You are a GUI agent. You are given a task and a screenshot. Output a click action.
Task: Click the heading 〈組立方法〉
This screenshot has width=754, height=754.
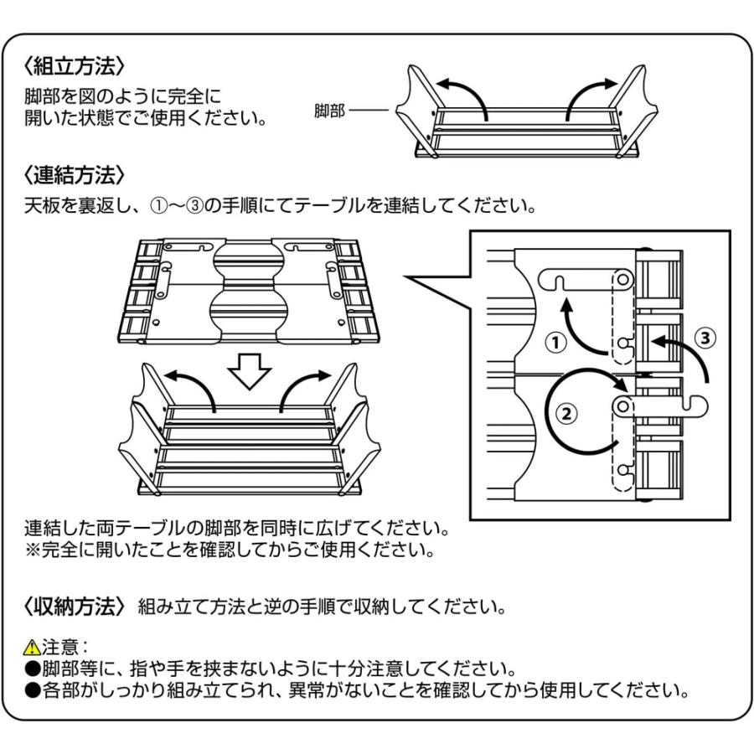(75, 65)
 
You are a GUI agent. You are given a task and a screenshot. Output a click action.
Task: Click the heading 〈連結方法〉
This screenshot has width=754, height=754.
(75, 175)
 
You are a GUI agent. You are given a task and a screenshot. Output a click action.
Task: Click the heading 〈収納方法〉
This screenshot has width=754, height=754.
(75, 606)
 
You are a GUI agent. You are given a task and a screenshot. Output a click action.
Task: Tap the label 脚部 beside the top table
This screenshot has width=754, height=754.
(330, 111)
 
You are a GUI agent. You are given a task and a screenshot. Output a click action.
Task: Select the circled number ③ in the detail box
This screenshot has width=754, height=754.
(705, 338)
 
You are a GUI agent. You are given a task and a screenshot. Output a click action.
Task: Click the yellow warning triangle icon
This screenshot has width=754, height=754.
(32, 648)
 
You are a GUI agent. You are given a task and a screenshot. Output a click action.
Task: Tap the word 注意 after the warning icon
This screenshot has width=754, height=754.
(59, 648)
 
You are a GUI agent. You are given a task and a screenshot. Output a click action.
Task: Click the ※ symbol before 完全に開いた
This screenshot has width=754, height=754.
(33, 552)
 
